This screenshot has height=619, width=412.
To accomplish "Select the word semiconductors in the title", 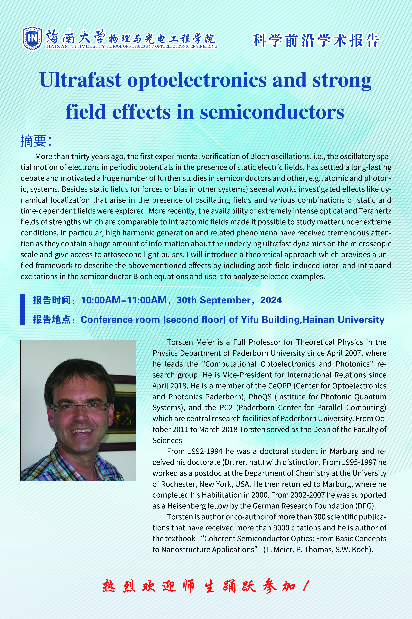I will [272, 112].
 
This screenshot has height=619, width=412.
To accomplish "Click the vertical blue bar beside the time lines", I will [23, 310].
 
